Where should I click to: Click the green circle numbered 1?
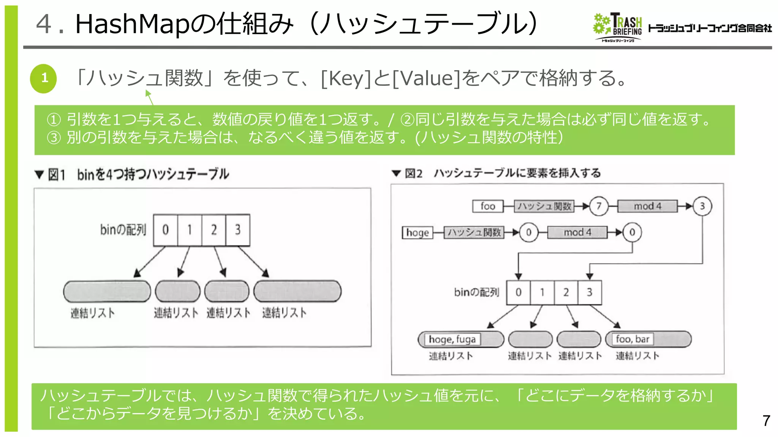tap(43, 79)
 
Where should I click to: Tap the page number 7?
tap(766, 420)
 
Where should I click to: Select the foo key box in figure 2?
tap(487, 206)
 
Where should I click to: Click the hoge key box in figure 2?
tap(417, 232)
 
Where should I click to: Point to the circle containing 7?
tap(599, 206)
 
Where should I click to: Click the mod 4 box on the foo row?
tap(647, 206)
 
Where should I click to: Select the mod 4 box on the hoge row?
tap(577, 232)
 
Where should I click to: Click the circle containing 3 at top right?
tap(702, 206)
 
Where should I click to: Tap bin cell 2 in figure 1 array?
tap(213, 230)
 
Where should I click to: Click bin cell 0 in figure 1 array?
tap(165, 230)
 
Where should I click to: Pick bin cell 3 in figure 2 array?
tap(590, 292)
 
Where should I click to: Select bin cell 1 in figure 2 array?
tap(542, 292)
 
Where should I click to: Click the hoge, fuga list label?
tap(452, 339)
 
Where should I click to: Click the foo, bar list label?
tap(633, 339)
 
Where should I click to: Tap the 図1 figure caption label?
tap(57, 175)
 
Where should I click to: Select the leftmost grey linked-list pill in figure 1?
tap(107, 291)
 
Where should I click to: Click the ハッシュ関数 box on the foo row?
tap(544, 206)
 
